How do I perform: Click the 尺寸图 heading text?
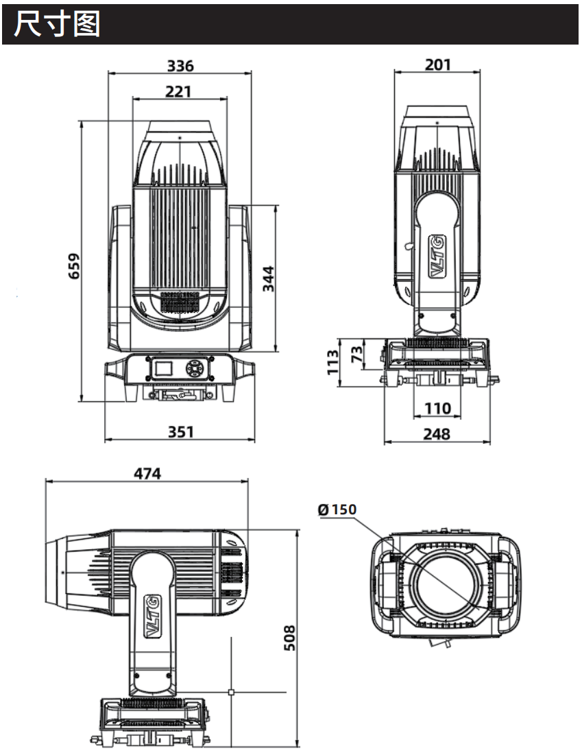[x=57, y=24]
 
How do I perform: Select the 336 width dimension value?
[x=180, y=65]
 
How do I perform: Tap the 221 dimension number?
[x=178, y=91]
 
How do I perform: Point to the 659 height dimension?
[x=74, y=266]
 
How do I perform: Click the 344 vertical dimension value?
[x=268, y=278]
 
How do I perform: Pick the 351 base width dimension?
[x=180, y=431]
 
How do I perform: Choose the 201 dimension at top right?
[x=437, y=64]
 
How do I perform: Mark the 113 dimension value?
[x=332, y=362]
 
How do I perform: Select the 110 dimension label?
[x=437, y=408]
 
